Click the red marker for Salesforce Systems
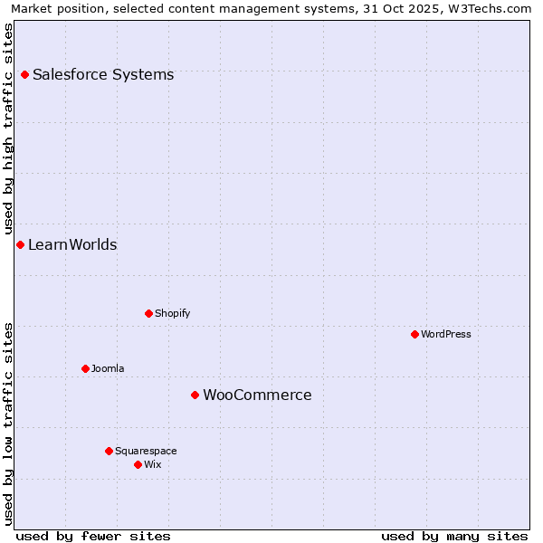[x=24, y=74]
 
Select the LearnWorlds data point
[x=20, y=244]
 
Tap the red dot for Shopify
[x=148, y=313]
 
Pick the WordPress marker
[x=414, y=334]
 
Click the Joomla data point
[x=85, y=368]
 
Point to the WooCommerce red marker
[x=195, y=395]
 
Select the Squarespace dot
[x=109, y=451]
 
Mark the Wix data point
[x=138, y=464]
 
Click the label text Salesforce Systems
[x=103, y=74]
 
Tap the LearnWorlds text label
[x=72, y=244]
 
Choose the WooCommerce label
[x=257, y=395]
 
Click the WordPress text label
[x=446, y=334]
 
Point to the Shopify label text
[x=172, y=313]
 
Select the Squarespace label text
[x=146, y=451]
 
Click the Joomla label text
[x=108, y=368]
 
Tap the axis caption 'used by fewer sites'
[x=93, y=536]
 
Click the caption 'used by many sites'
[x=454, y=536]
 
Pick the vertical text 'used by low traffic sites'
[x=9, y=423]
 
